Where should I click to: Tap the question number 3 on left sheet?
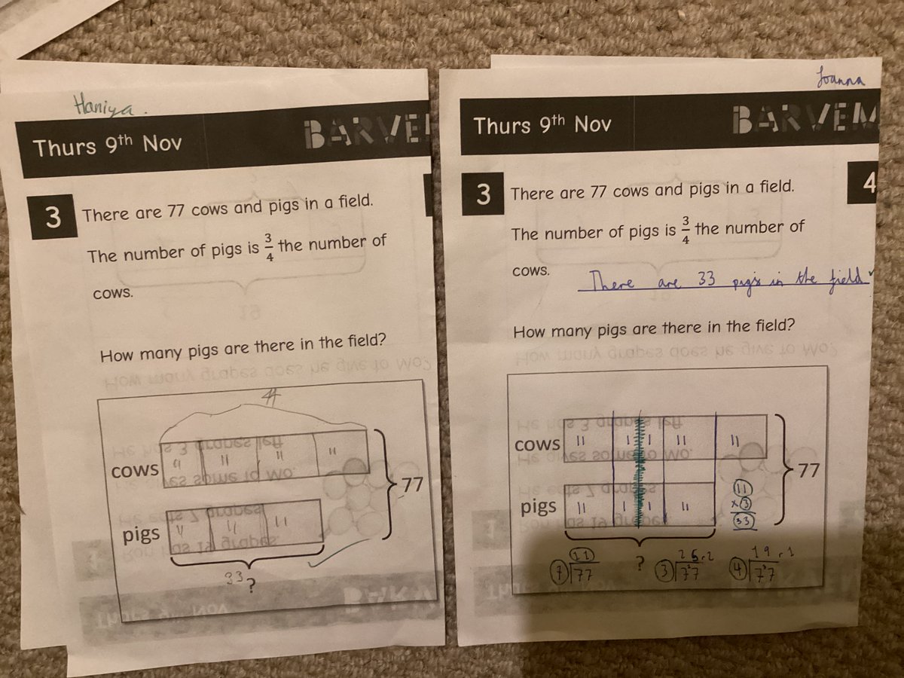[x=52, y=218]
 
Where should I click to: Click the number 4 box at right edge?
[x=867, y=184]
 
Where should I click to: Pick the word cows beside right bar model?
[x=537, y=444]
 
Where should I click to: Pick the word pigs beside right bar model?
[x=539, y=506]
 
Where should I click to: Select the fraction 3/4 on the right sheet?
[x=686, y=228]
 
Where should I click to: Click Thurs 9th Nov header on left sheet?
[x=106, y=145]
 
